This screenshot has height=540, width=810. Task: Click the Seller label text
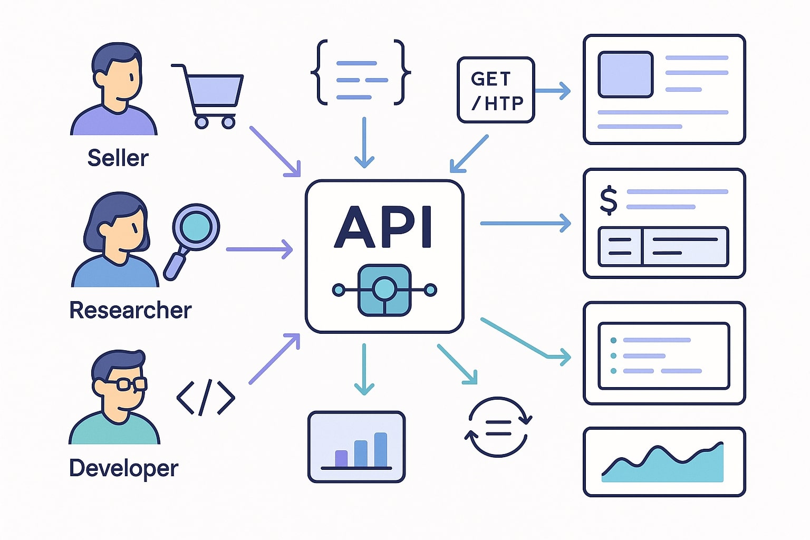tap(118, 158)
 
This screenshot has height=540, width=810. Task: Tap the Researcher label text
tap(130, 310)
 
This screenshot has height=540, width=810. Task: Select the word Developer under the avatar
tap(123, 468)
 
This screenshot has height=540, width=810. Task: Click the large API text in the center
tap(383, 227)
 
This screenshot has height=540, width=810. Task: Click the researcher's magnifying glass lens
tap(196, 226)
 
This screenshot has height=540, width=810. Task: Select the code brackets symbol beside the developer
tap(205, 397)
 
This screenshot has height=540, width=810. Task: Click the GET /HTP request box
tap(495, 90)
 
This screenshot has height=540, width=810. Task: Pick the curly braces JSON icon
tap(361, 72)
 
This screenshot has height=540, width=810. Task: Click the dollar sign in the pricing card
tap(609, 200)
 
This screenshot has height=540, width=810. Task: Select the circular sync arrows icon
tap(498, 427)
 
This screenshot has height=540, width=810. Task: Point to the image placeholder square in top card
tap(625, 74)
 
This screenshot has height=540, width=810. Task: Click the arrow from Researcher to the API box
tap(259, 249)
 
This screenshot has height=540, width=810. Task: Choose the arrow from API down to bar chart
tap(364, 369)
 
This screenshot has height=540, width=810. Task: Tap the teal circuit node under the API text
tap(384, 290)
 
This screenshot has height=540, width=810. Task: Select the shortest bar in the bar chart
tap(341, 458)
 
